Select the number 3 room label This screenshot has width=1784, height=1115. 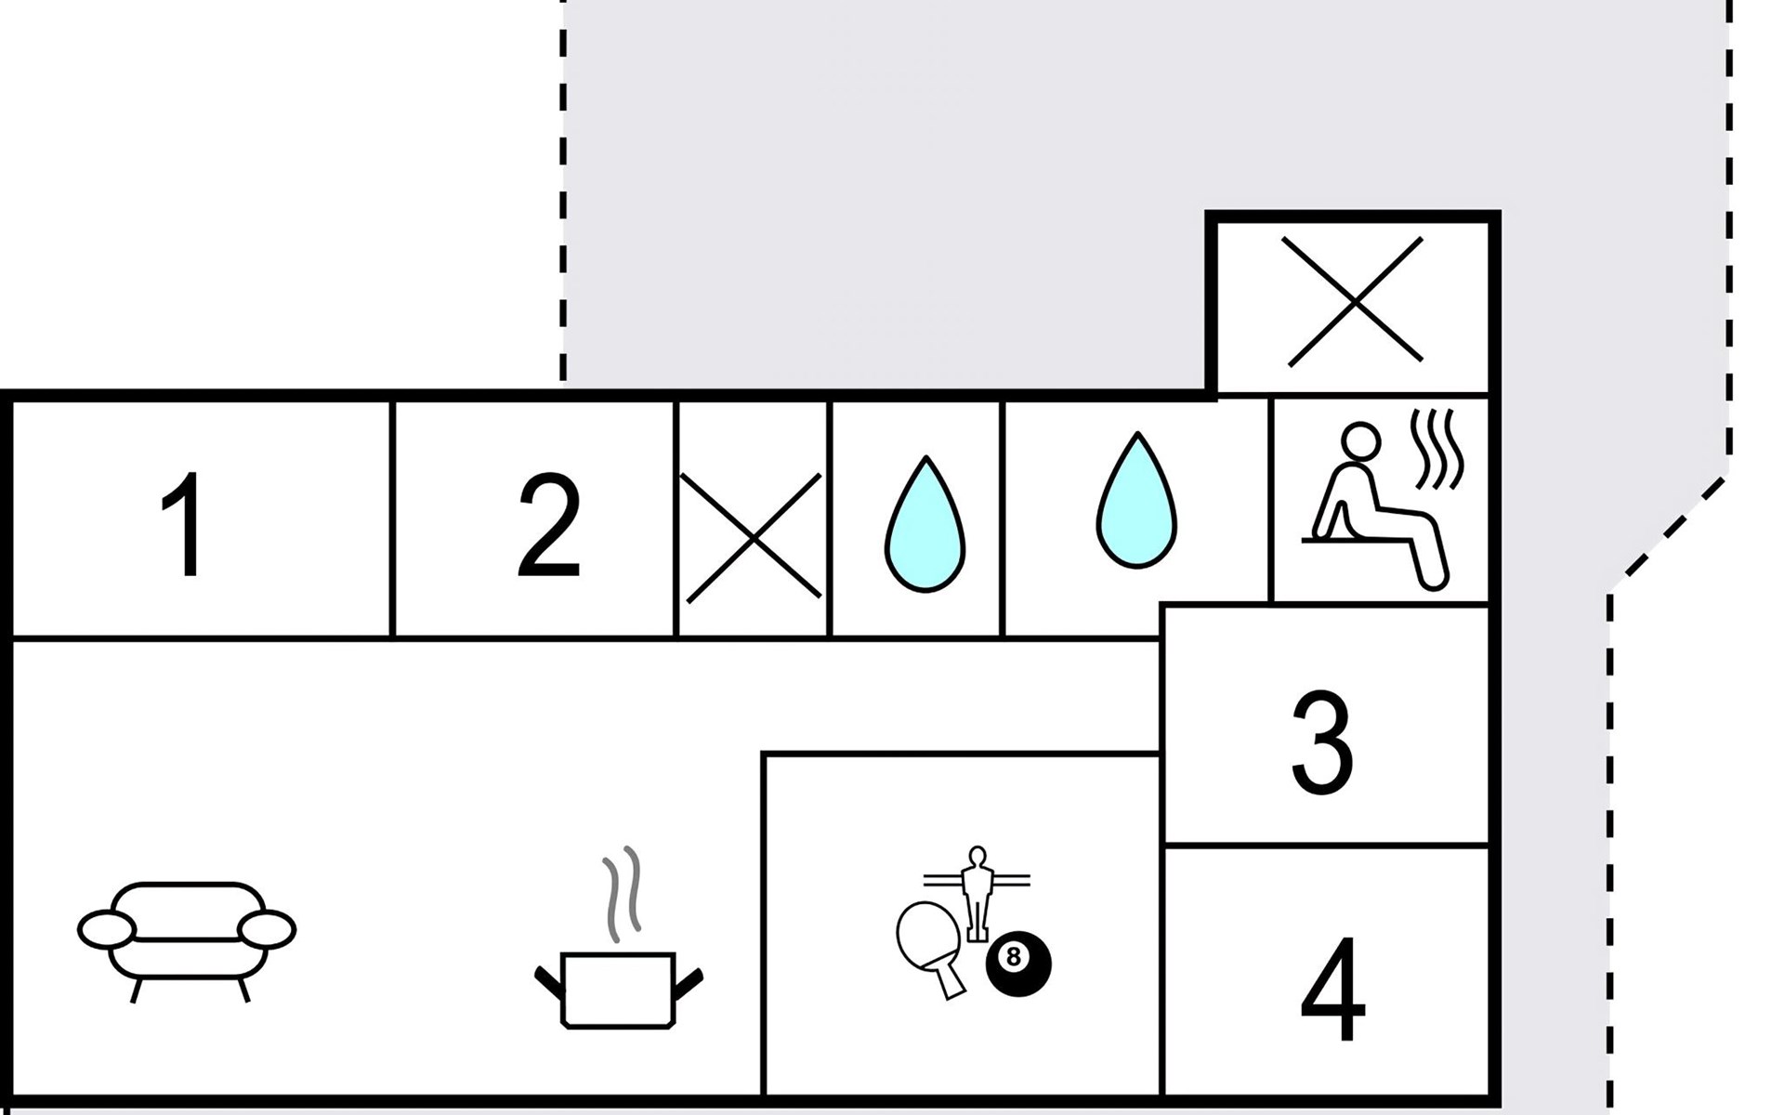(x=1322, y=741)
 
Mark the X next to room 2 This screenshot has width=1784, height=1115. (x=753, y=537)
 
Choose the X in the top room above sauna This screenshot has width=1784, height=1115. (x=1354, y=300)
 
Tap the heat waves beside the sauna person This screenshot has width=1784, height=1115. (x=1436, y=449)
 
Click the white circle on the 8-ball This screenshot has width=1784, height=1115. (x=1013, y=956)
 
